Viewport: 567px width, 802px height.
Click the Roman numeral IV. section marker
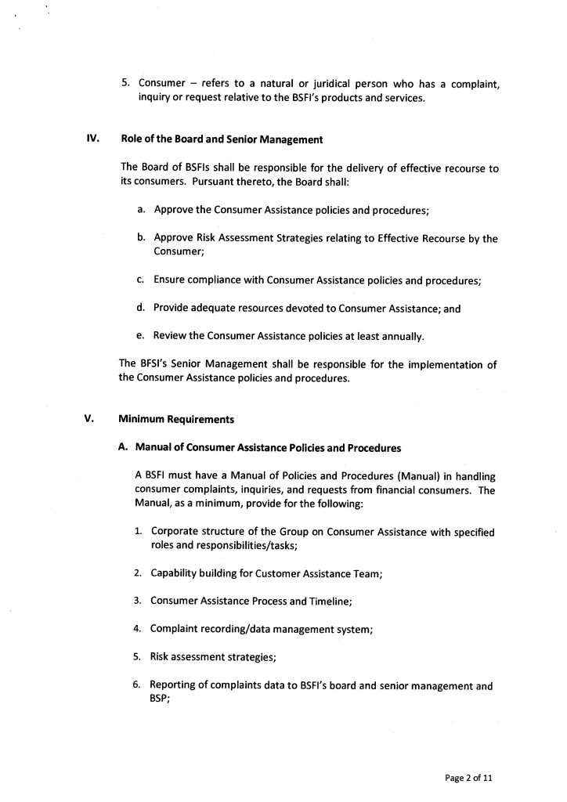[x=92, y=139]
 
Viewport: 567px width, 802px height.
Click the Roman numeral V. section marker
[x=89, y=418]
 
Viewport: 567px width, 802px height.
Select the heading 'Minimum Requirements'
[x=176, y=419]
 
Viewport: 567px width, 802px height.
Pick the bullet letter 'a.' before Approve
[x=142, y=210]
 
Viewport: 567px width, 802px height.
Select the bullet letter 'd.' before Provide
[x=142, y=308]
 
